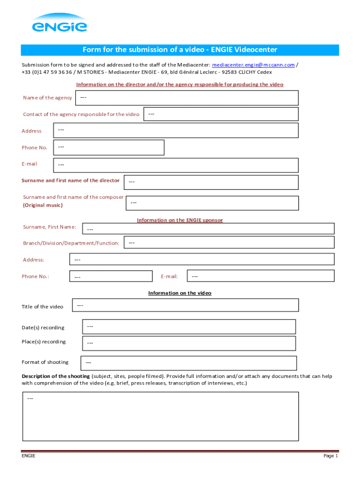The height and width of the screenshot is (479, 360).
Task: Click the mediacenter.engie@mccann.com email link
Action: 253,65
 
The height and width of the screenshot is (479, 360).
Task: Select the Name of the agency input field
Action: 186,98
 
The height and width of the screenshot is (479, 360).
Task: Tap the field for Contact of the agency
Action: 221,114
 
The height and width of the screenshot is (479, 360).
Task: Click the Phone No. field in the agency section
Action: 109,147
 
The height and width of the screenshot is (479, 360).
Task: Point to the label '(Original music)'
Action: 43,205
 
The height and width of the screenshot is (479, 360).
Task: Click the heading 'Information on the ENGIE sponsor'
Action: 180,220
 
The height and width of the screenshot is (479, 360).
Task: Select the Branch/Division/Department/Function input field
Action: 229,242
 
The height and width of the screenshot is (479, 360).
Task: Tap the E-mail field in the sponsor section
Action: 260,276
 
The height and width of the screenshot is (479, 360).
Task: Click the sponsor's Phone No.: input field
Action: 111,277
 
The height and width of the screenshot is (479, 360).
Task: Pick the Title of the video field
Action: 185,305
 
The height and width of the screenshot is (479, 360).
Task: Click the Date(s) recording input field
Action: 189,327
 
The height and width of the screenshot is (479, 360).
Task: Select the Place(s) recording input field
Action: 189,343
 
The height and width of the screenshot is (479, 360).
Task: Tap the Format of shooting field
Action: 189,363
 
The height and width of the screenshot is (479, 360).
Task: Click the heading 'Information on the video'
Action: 180,293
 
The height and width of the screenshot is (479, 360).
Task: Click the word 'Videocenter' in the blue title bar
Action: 256,50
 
